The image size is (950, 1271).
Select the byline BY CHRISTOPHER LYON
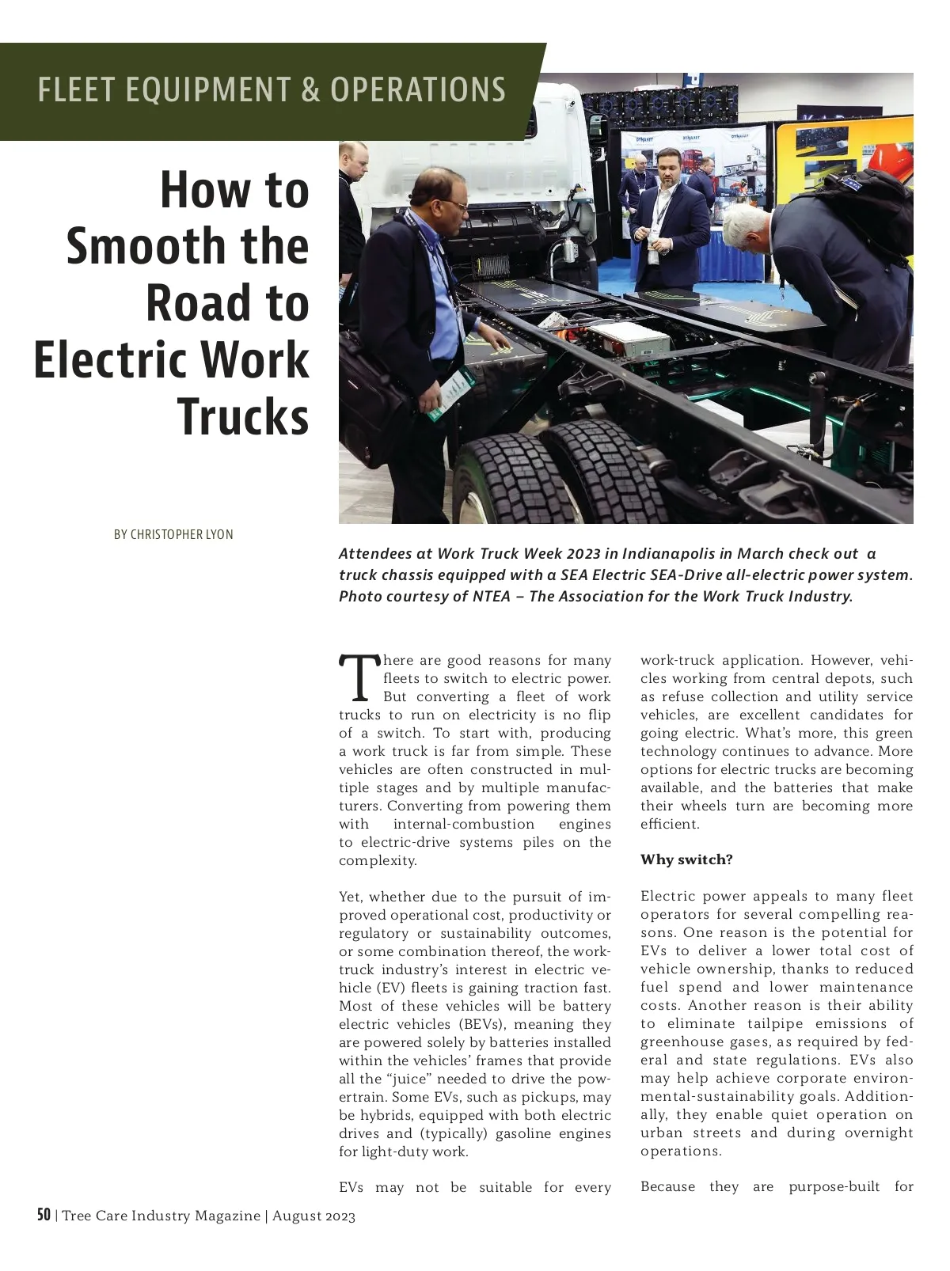click(173, 534)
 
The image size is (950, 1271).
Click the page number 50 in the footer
click(44, 1215)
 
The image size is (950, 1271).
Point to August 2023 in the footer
click(313, 1216)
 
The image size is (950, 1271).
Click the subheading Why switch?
click(686, 859)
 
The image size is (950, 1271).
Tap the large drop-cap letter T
click(359, 678)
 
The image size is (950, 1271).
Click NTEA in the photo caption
click(492, 596)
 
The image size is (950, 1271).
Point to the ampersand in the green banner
click(310, 89)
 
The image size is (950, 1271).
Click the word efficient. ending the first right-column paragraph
click(670, 824)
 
